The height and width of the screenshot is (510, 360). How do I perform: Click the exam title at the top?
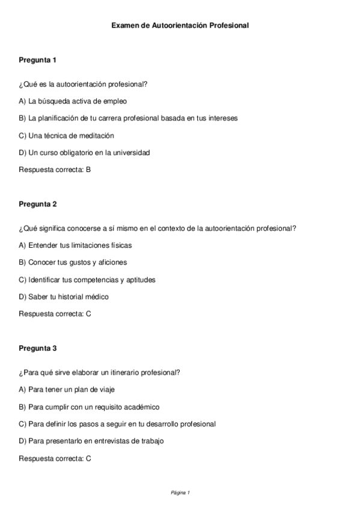180,26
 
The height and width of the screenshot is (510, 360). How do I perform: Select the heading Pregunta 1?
37,60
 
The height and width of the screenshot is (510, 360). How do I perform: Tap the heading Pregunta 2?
37,204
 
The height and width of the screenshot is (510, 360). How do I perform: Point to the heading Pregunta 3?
37,348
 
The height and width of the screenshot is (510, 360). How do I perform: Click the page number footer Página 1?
180,493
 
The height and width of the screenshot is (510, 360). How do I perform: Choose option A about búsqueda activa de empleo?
73,101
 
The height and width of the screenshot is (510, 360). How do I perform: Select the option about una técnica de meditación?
66,135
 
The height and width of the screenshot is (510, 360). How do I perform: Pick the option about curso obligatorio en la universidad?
84,152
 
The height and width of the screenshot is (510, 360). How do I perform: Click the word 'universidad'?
131,152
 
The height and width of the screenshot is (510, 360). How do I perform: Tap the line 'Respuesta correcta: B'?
55,170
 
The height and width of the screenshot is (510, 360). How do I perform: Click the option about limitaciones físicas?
75,245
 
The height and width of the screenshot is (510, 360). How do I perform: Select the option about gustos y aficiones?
73,262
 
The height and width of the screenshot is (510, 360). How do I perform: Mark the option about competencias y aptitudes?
87,280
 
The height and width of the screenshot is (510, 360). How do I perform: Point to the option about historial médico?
64,296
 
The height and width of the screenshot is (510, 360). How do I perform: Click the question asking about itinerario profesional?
99,372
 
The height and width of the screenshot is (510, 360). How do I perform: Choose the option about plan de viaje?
67,390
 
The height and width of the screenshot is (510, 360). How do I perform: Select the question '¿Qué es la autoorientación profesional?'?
83,84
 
